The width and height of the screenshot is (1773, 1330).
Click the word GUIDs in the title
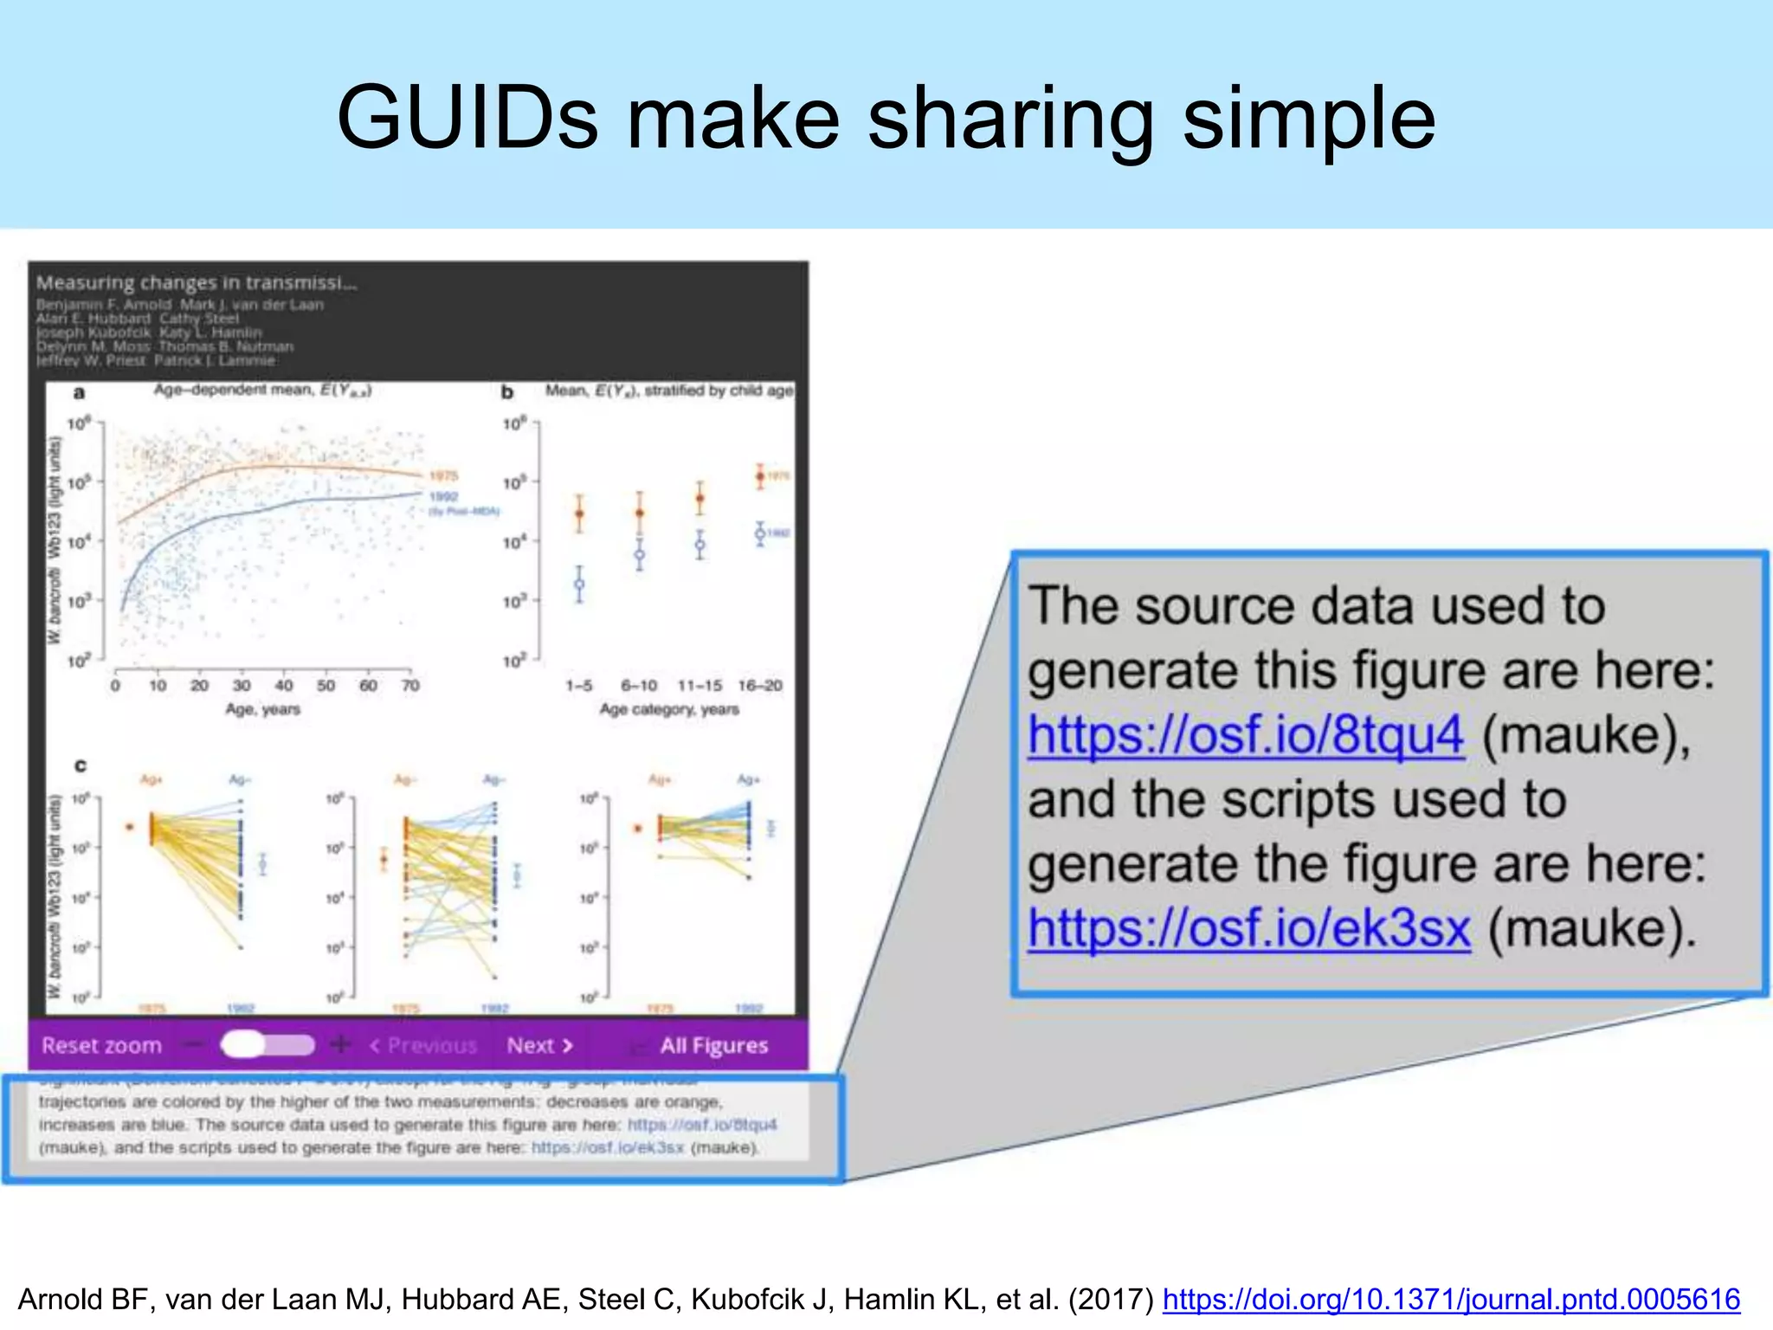coord(467,119)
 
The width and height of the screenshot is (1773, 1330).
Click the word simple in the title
coord(1308,119)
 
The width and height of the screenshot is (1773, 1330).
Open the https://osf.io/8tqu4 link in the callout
coord(1246,735)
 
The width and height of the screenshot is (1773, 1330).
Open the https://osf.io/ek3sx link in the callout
coord(1248,929)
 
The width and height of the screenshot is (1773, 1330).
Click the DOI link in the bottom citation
coord(1451,1299)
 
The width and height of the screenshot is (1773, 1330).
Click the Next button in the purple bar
coord(539,1046)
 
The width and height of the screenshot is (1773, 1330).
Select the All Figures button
coord(712,1046)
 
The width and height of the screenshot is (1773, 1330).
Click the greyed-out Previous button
coord(423,1046)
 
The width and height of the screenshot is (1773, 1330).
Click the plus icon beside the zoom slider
coord(341,1045)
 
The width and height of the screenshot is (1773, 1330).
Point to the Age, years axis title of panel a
coord(262,709)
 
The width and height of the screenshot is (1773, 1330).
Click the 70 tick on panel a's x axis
coord(410,686)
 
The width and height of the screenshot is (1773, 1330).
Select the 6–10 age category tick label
coord(639,686)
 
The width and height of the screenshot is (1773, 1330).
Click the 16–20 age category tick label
coord(760,686)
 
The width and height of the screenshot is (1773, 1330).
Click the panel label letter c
coord(81,765)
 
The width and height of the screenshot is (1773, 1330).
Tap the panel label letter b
coord(507,392)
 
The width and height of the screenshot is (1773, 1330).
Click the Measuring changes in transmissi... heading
coord(197,282)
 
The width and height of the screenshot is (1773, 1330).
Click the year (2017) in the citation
coord(1112,1299)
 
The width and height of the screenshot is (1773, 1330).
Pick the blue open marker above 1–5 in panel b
coord(579,584)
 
